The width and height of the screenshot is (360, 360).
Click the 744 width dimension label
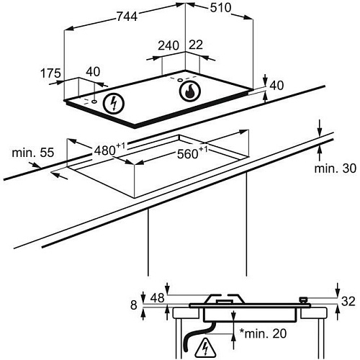(127, 17)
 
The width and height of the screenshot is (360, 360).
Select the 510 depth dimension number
(220, 8)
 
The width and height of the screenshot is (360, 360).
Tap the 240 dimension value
(168, 45)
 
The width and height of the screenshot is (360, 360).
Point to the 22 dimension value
(196, 45)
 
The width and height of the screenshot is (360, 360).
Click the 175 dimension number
(50, 73)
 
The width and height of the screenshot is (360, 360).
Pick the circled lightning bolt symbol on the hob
(114, 103)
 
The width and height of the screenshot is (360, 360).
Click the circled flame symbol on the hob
(190, 91)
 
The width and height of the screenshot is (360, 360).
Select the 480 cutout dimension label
(109, 150)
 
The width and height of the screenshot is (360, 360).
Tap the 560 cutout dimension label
(192, 153)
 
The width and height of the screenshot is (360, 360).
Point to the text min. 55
(33, 153)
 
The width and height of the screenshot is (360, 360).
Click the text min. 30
(336, 168)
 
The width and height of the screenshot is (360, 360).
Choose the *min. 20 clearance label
(263, 333)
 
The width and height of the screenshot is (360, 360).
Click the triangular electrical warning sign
(205, 348)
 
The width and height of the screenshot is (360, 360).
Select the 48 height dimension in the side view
(157, 298)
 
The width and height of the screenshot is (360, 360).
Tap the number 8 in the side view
(134, 305)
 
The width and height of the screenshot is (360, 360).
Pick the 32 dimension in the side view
(348, 301)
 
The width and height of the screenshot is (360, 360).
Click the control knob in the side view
(303, 300)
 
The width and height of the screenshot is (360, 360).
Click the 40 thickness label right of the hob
(276, 86)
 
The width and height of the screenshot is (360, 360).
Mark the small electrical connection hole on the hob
(94, 102)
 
